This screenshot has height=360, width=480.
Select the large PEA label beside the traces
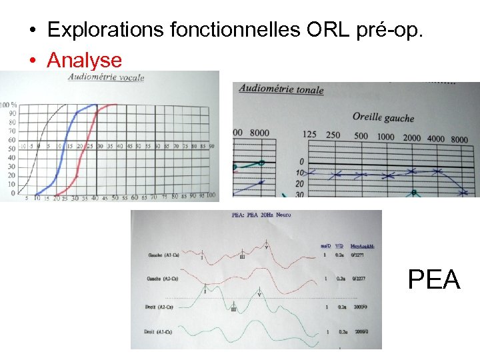click(434, 280)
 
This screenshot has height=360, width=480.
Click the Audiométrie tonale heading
click(281, 89)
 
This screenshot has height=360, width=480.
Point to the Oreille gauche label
click(383, 117)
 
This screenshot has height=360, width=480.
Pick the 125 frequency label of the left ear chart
click(309, 135)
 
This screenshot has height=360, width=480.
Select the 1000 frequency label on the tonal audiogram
click(385, 137)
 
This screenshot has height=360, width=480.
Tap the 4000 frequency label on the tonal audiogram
click(435, 139)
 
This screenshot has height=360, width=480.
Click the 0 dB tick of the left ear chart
click(301, 161)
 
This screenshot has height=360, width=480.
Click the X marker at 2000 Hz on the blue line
click(412, 171)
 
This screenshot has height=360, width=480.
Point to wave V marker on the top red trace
click(267, 246)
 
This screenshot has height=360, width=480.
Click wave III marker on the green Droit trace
click(233, 309)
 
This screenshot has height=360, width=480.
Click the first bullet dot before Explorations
click(32, 31)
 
